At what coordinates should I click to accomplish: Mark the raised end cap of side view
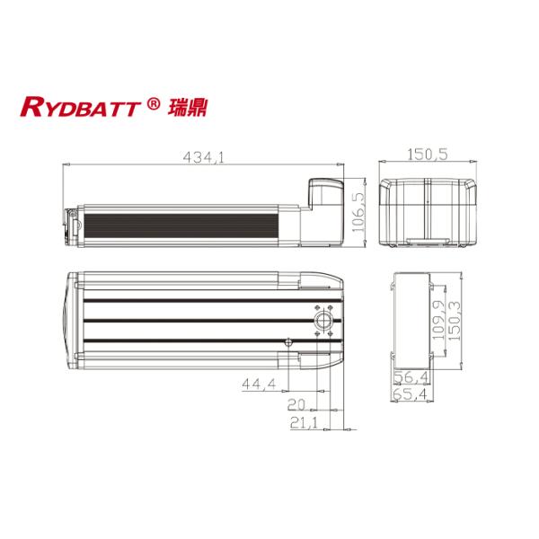[323, 193]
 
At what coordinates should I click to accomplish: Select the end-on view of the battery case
[428, 212]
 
